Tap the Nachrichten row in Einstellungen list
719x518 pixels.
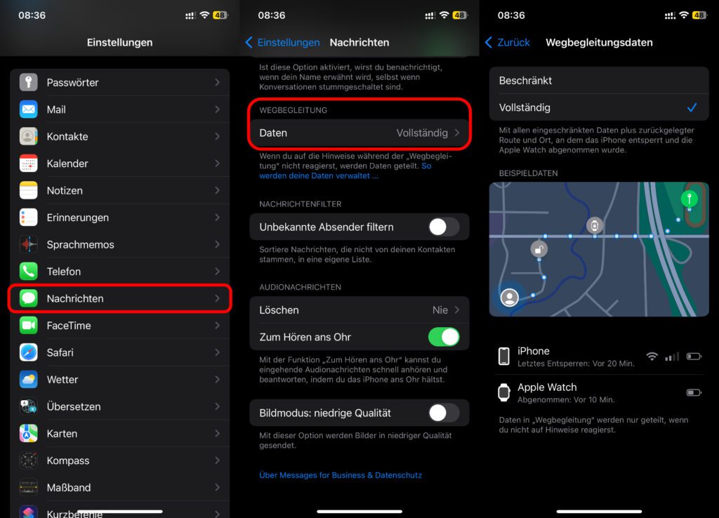119,298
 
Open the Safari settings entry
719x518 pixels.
119,352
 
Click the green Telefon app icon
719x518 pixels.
28,272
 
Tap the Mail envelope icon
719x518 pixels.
28,109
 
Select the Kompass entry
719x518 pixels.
119,460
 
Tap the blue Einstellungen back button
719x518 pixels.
282,43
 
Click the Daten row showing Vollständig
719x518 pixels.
359,133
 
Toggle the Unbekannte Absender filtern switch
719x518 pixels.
444,227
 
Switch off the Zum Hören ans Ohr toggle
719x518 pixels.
444,337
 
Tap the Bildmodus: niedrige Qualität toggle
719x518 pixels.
444,413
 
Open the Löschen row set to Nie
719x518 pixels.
359,310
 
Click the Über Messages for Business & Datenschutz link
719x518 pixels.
341,475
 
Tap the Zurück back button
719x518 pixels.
508,43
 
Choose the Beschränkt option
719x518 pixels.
599,81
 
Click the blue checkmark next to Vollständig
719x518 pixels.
692,107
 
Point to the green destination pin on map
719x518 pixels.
690,199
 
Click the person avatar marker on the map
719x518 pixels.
510,298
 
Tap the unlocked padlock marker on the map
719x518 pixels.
539,249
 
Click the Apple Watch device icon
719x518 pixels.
504,392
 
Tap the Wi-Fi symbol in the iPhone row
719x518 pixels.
652,356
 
